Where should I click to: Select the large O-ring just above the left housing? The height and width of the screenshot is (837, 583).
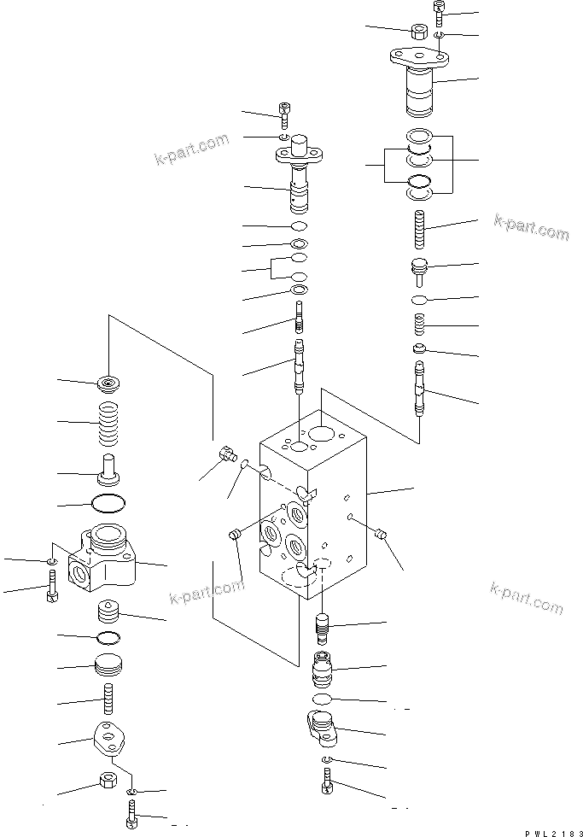108,501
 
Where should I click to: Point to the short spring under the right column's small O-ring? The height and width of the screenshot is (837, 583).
418,325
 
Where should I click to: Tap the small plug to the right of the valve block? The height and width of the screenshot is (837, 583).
382,536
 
